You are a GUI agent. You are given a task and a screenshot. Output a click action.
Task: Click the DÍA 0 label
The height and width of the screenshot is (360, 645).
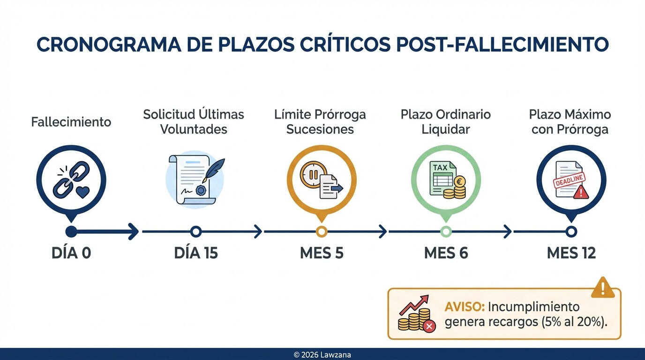(71, 253)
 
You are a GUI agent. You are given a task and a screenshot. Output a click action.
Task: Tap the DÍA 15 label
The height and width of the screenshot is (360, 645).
(196, 253)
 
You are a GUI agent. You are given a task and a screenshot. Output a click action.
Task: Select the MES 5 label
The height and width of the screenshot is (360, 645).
(322, 253)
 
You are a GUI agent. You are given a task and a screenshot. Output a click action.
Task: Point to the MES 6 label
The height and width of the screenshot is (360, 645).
(446, 253)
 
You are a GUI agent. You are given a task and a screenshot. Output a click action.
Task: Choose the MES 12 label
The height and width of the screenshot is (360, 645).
(571, 253)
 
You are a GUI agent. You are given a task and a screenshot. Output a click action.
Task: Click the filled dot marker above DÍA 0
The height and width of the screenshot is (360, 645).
(71, 231)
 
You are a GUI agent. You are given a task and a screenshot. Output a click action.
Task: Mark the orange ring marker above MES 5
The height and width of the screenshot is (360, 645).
(322, 231)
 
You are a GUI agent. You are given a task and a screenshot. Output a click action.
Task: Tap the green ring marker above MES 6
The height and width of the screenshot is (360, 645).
(446, 231)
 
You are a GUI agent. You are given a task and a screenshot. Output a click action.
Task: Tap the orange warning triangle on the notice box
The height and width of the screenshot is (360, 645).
(602, 287)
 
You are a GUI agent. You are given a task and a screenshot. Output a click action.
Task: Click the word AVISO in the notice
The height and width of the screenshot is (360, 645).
(464, 307)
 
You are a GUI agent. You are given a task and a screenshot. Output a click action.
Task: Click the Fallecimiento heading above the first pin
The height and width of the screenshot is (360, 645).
(71, 122)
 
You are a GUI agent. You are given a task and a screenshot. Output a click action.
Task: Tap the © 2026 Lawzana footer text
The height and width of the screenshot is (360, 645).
(322, 355)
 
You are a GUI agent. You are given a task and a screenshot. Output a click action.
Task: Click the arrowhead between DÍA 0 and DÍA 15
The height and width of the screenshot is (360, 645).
(134, 231)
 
